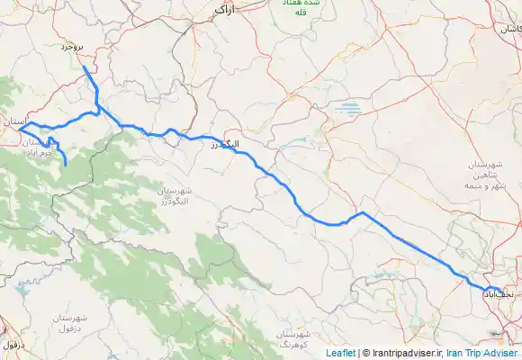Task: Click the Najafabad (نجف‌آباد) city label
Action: [499, 293]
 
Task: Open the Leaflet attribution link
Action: [340, 354]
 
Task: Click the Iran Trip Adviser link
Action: [482, 354]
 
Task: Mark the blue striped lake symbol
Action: [346, 112]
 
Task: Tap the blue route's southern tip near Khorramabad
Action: [66, 164]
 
